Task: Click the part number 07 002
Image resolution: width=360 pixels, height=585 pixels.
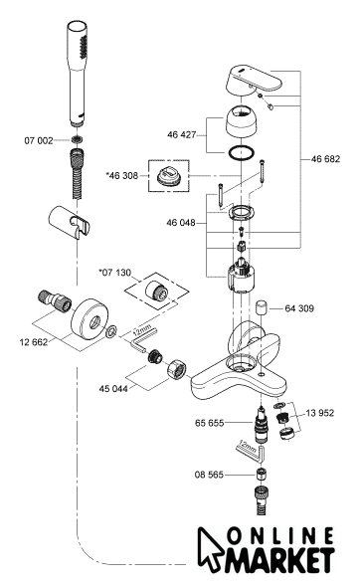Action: [39, 140]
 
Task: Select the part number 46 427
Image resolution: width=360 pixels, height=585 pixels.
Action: [181, 134]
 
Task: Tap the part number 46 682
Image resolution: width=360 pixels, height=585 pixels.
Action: [325, 159]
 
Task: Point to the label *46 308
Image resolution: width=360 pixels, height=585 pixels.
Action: [122, 175]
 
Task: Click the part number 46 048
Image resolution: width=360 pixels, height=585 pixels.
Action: [181, 223]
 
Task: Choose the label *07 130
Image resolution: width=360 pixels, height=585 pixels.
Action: [115, 273]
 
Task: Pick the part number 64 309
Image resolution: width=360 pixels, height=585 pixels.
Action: [299, 308]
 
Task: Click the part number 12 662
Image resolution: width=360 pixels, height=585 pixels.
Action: [34, 342]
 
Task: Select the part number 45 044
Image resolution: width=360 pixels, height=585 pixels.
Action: [113, 389]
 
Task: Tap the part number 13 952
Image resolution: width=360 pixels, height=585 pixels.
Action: [320, 413]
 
